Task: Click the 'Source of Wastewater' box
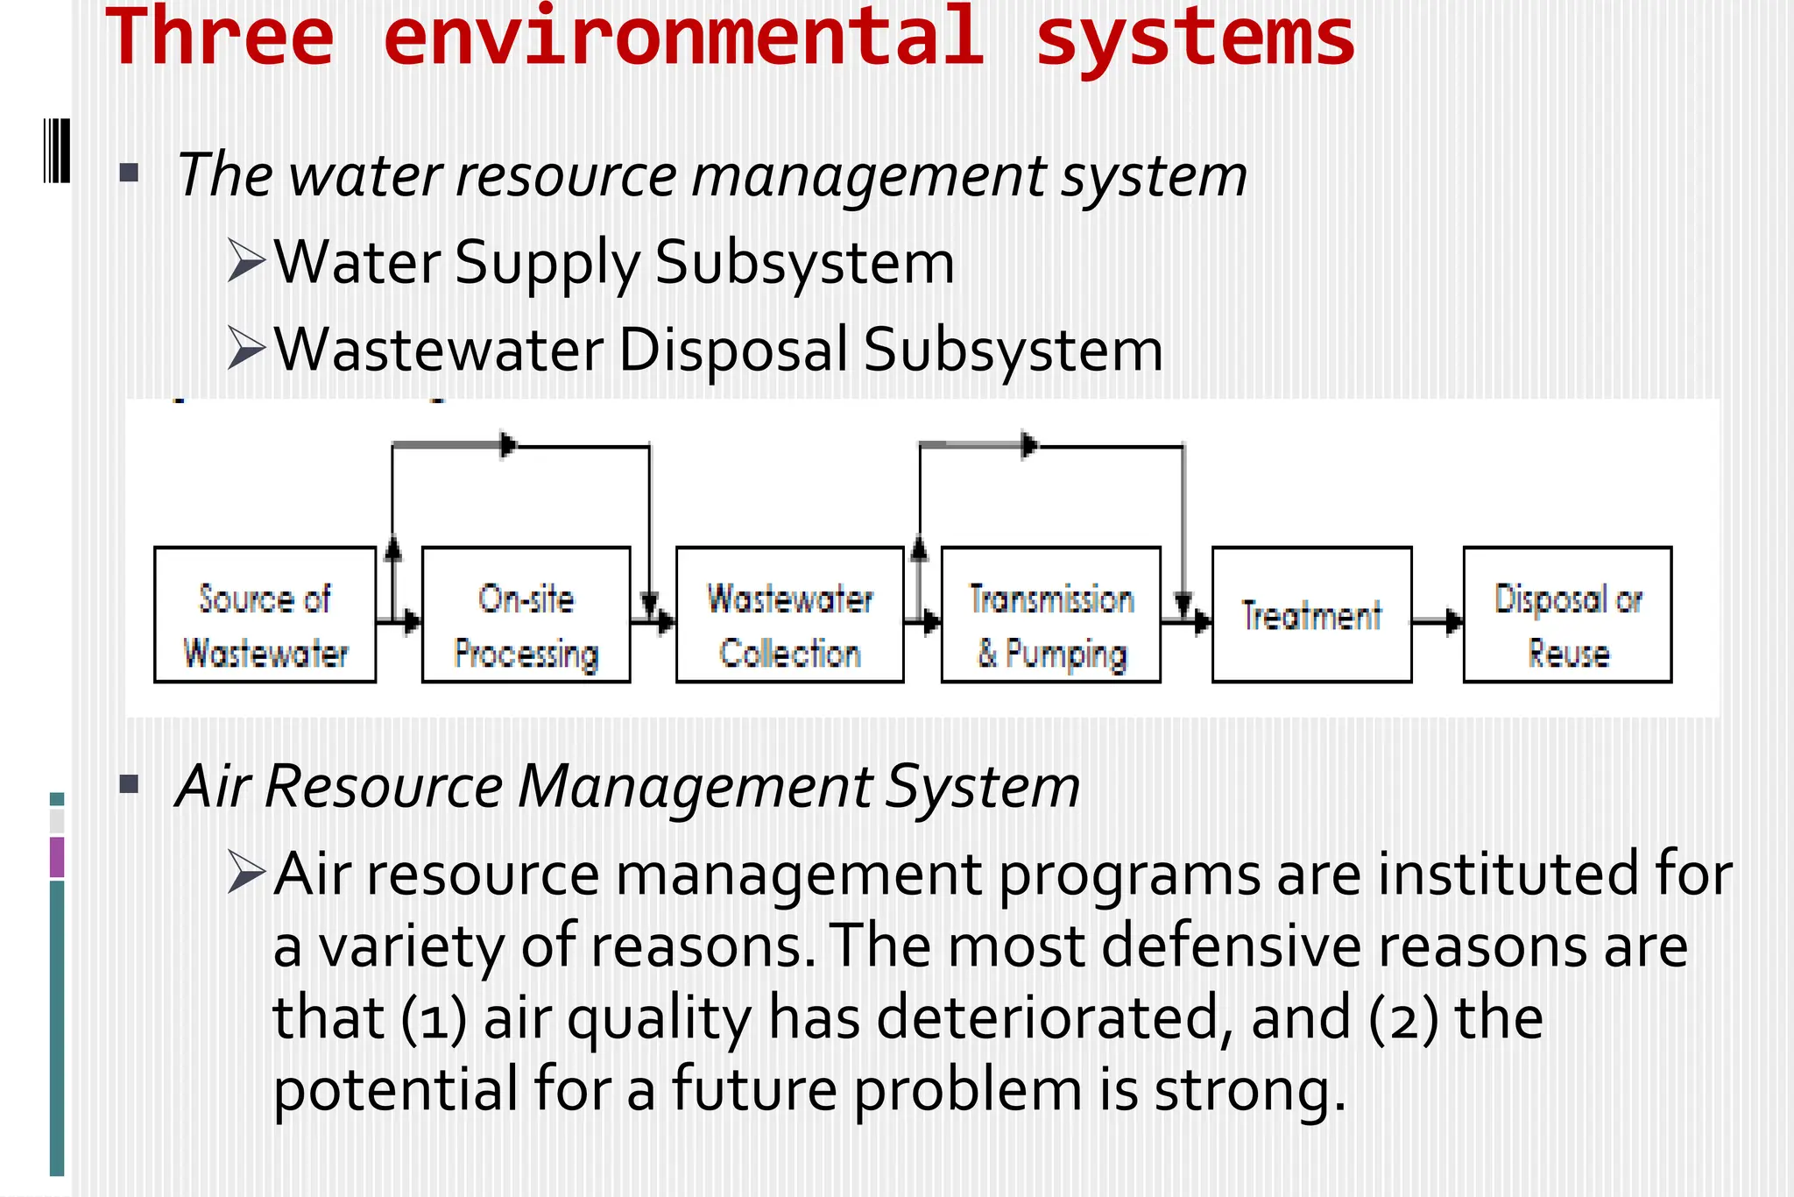tap(265, 615)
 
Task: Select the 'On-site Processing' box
tap(526, 615)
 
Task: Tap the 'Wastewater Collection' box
tap(789, 615)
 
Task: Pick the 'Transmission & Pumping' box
tap(1050, 615)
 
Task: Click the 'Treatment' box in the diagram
tap(1311, 615)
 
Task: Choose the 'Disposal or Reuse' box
tap(1567, 615)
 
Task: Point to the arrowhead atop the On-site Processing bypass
tap(507, 445)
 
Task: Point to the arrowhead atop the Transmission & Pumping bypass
tap(1029, 445)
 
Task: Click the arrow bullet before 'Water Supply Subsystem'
tap(246, 260)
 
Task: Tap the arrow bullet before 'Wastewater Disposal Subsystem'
tap(246, 348)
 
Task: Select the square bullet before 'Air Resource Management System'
tap(130, 783)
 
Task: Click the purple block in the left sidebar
tap(57, 857)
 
